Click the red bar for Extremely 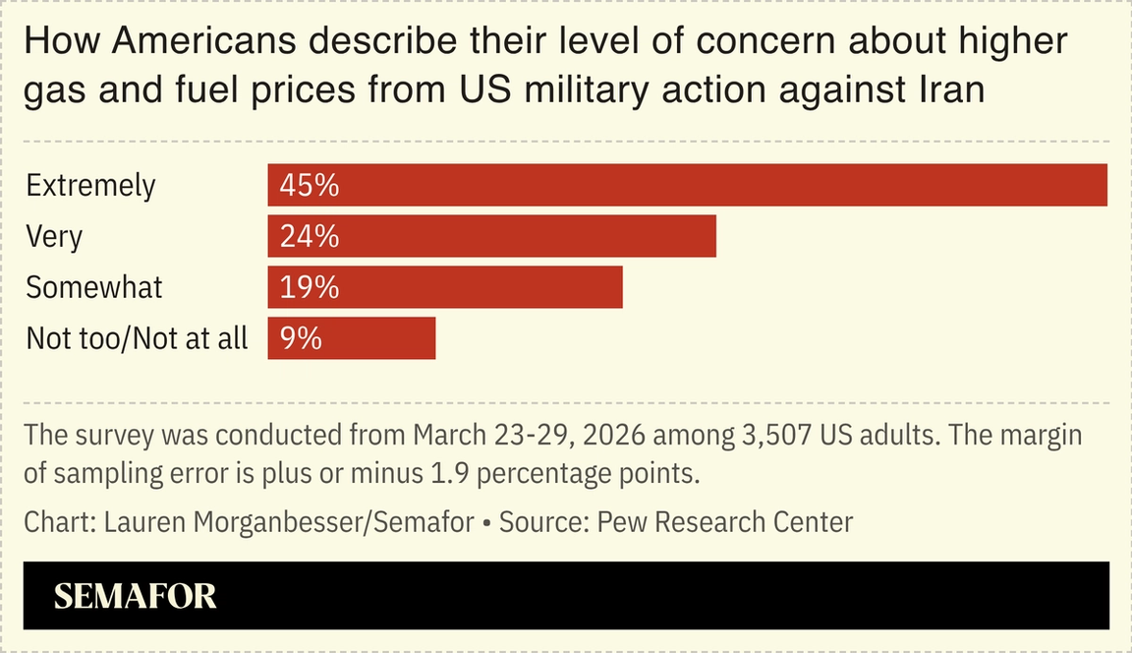click(688, 185)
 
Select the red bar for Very click(491, 236)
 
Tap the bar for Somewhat click(445, 287)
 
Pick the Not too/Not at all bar click(351, 338)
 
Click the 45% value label click(309, 185)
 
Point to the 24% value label click(309, 236)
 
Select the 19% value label click(309, 287)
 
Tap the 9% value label click(301, 338)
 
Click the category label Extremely click(90, 185)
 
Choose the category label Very click(54, 236)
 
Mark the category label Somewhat click(94, 287)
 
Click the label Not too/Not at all click(137, 338)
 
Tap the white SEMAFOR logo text click(135, 596)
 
